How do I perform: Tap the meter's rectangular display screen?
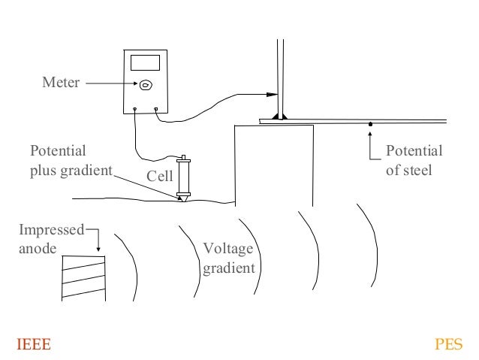pyautogui.click(x=145, y=63)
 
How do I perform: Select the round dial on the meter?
pyautogui.click(x=146, y=85)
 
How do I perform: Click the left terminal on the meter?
pyautogui.click(x=135, y=110)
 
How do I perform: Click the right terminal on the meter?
pyautogui.click(x=156, y=110)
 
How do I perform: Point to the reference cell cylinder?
pyautogui.click(x=183, y=177)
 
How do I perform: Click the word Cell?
pyautogui.click(x=160, y=177)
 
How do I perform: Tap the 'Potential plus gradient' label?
pyautogui.click(x=69, y=160)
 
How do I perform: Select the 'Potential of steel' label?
pyautogui.click(x=414, y=160)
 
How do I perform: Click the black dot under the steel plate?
pyautogui.click(x=370, y=124)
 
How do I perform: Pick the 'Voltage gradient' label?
pyautogui.click(x=229, y=258)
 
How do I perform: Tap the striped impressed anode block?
pyautogui.click(x=83, y=276)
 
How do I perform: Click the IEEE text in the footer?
pyautogui.click(x=34, y=344)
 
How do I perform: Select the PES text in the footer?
pyautogui.click(x=449, y=344)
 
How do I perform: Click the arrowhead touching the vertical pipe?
pyautogui.click(x=273, y=95)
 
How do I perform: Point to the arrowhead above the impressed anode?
pyautogui.click(x=98, y=250)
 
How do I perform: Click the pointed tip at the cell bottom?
pyautogui.click(x=183, y=201)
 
